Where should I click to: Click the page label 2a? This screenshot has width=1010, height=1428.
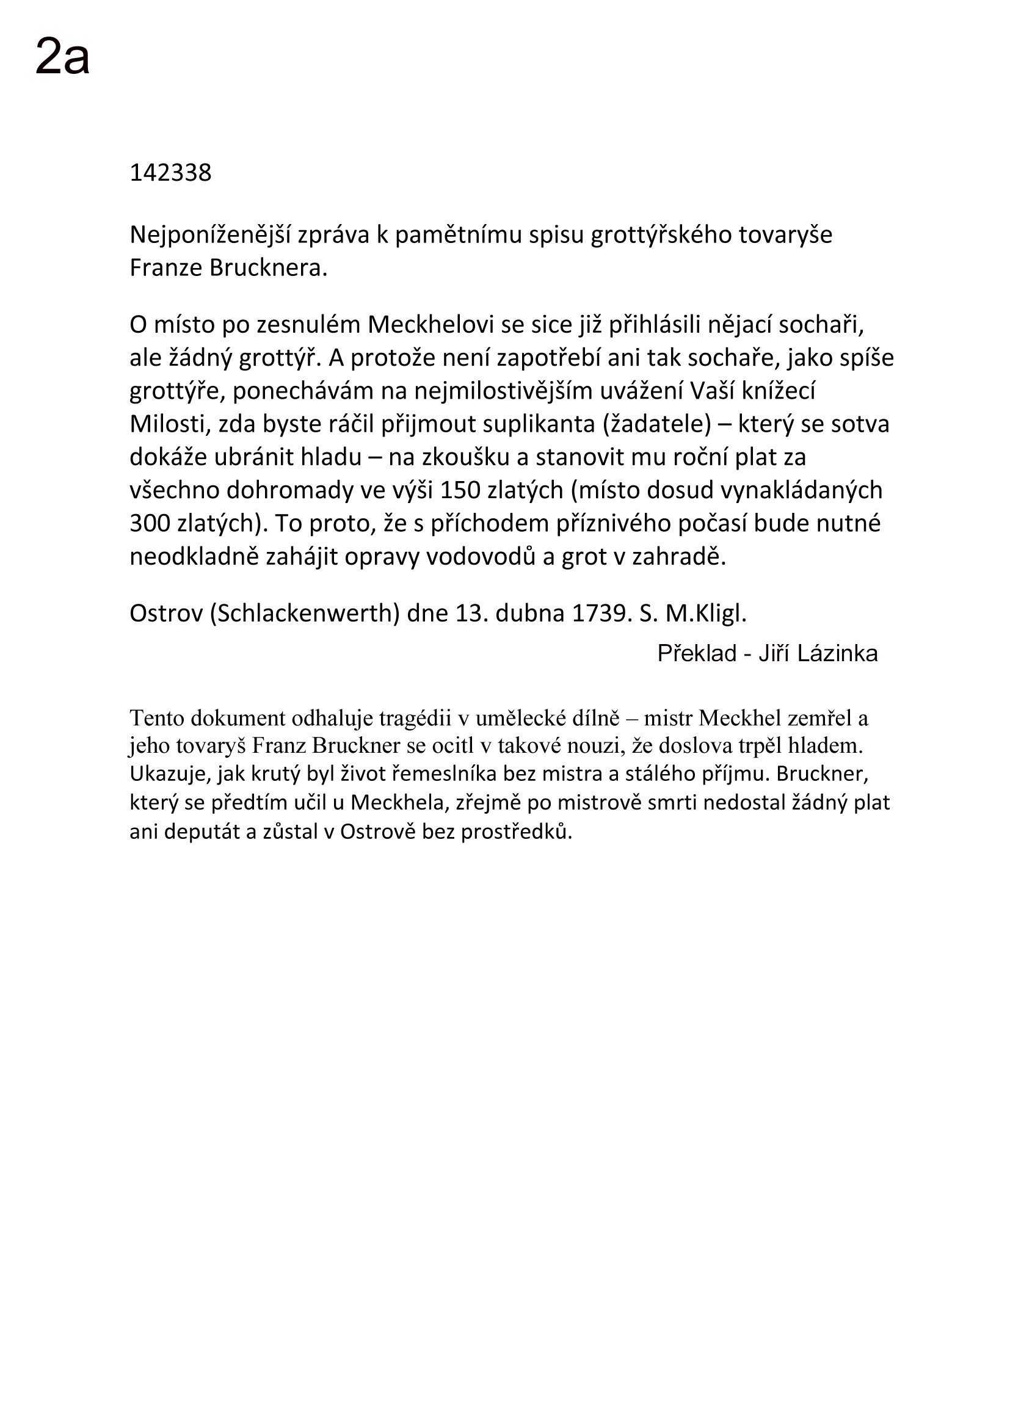tap(62, 57)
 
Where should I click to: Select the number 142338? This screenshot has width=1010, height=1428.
tap(170, 173)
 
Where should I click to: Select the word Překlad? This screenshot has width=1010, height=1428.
tap(697, 654)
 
